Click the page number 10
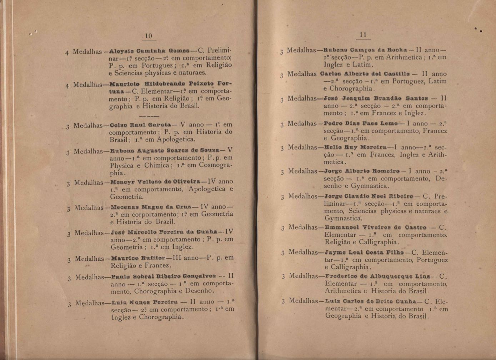(149, 36)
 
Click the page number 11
(363, 35)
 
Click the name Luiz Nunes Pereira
(145, 302)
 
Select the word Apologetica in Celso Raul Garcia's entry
(176, 139)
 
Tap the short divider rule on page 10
(149, 116)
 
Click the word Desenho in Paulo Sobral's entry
(201, 291)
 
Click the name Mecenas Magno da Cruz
(151, 207)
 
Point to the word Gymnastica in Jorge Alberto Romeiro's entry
(370, 186)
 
